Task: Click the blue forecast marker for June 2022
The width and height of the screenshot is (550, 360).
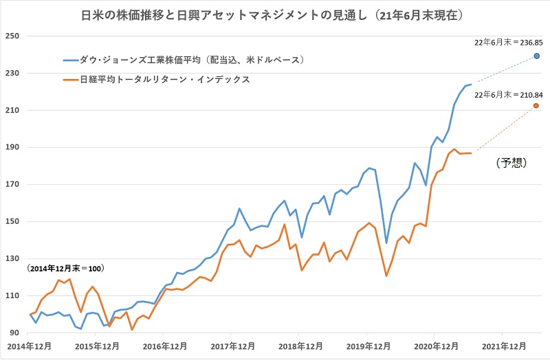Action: point(536,56)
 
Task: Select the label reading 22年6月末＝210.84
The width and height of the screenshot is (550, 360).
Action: point(509,94)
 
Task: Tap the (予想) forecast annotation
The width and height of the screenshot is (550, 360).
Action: point(511,163)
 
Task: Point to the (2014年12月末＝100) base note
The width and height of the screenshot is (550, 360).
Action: point(66,268)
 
